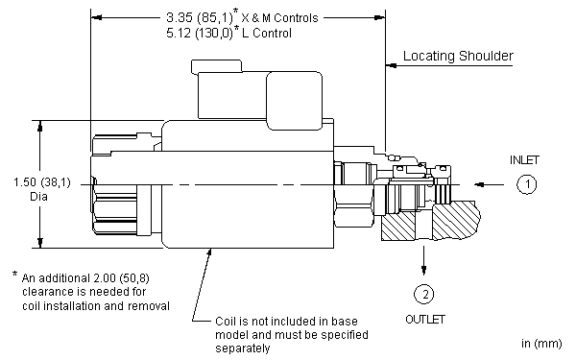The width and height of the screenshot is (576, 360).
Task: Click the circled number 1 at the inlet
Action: pyautogui.click(x=524, y=184)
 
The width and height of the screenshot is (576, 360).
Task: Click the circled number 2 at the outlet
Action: pyautogui.click(x=422, y=295)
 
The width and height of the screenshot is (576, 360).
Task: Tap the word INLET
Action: pyautogui.click(x=525, y=158)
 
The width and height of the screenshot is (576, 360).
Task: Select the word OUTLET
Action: pyautogui.click(x=423, y=320)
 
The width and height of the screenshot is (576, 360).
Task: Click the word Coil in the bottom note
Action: pyautogui.click(x=228, y=322)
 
